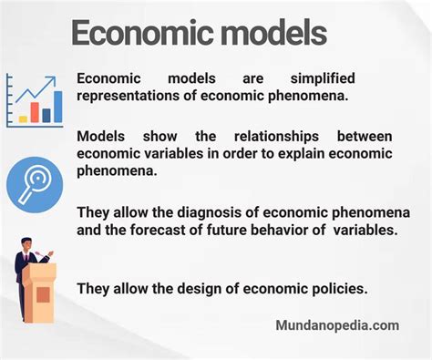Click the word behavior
coord(287,230)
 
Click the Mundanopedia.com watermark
coord(336,325)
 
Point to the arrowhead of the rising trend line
coord(57,81)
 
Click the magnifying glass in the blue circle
coord(35,183)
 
